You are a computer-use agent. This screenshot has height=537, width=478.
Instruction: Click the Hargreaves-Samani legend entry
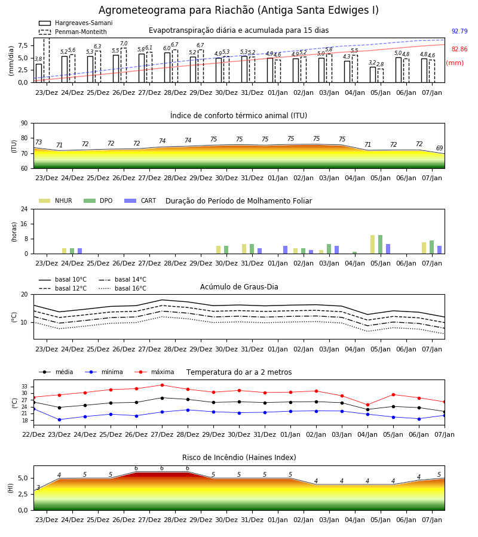75,23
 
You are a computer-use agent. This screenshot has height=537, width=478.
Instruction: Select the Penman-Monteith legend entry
73,32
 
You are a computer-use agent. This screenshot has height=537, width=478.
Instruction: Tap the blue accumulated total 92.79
459,31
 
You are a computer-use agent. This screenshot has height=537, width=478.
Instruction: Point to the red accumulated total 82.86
459,49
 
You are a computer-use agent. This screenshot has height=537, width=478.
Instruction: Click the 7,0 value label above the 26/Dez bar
124,44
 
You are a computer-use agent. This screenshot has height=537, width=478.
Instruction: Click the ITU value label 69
439,148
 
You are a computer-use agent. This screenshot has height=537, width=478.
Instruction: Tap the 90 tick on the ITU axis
24,124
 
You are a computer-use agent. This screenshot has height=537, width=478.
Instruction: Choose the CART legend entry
140,200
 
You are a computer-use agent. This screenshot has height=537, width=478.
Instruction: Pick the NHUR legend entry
56,200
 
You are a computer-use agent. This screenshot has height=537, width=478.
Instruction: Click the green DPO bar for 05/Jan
380,245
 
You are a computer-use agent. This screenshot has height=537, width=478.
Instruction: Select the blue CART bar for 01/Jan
285,250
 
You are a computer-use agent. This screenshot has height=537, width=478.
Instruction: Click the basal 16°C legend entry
122,288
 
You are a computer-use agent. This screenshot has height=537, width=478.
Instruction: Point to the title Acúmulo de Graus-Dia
239,286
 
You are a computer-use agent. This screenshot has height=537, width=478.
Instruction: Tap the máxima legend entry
154,372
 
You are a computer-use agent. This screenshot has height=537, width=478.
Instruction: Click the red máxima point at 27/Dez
162,385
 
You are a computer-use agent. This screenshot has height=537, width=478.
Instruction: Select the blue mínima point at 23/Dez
59,419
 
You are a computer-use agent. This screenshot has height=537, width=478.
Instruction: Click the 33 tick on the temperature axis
24,386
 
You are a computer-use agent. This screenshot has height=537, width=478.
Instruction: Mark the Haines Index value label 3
38,487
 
